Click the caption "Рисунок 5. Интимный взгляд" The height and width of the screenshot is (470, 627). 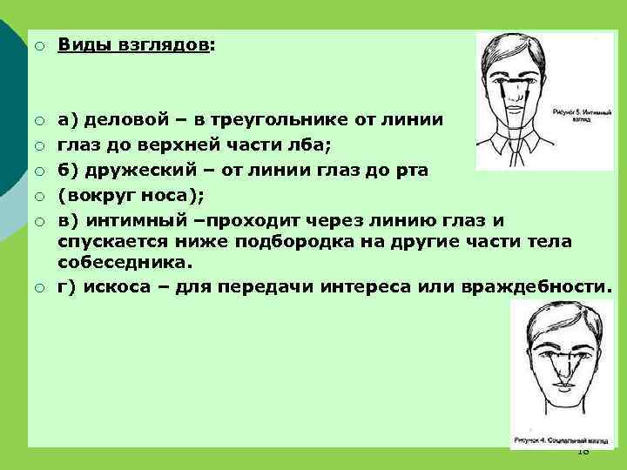[572, 115]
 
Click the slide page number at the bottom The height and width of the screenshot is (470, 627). [583, 451]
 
